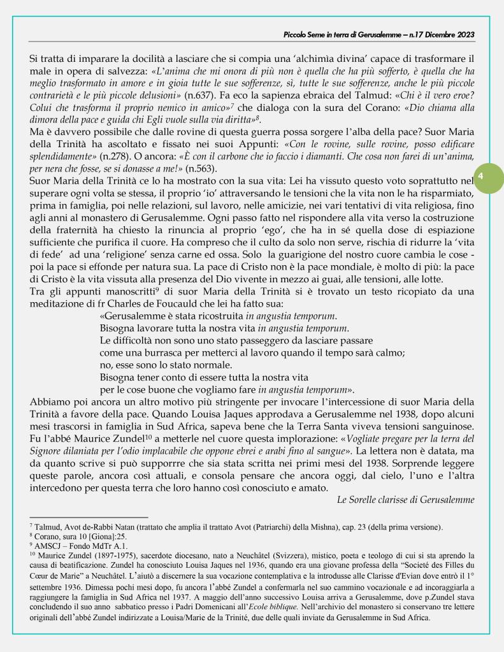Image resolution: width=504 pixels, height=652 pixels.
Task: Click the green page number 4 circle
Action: pyautogui.click(x=482, y=175)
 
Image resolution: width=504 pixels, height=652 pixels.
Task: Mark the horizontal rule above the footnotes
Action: pyautogui.click(x=89, y=517)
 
